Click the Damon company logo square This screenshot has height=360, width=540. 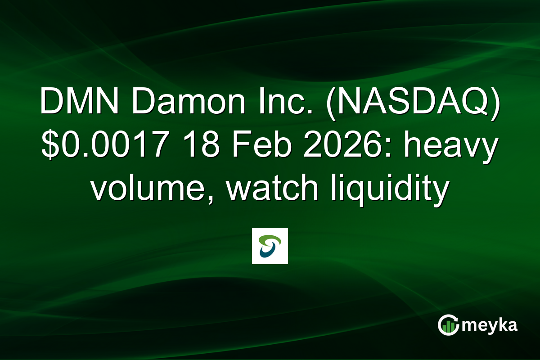pos(270,246)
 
